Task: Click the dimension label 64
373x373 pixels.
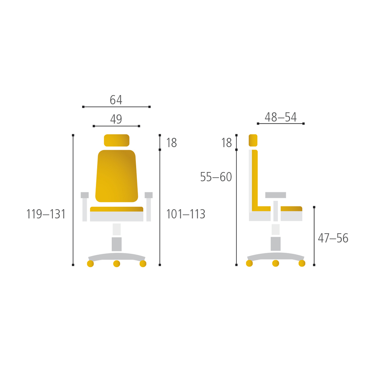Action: (116, 100)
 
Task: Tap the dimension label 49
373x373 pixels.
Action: (116, 119)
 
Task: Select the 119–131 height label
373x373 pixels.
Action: (46, 214)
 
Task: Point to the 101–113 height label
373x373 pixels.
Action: (186, 214)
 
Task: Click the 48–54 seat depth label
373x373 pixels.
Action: (281, 117)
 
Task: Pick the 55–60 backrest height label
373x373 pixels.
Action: (216, 177)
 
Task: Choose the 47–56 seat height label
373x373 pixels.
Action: (333, 238)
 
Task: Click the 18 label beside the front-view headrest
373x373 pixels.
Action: (172, 143)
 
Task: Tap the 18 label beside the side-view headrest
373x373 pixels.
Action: (227, 143)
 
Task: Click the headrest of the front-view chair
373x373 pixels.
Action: (116, 141)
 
